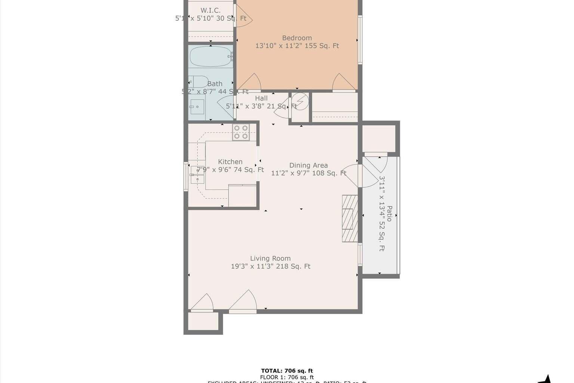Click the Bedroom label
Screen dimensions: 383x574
(297, 38)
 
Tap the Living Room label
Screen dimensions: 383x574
(270, 258)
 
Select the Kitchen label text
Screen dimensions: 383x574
(230, 162)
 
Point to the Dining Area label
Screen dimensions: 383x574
(308, 165)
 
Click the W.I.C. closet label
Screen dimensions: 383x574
(210, 10)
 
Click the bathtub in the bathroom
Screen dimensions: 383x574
(210, 56)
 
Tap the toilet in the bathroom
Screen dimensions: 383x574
(198, 81)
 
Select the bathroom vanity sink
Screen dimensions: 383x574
(197, 107)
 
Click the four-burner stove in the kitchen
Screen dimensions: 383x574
(241, 132)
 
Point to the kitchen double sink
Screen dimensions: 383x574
(197, 175)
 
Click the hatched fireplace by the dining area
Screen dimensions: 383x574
(350, 218)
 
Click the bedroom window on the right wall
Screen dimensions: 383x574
(360, 40)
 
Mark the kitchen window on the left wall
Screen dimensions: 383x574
(186, 176)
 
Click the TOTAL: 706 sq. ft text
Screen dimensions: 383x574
(287, 371)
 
